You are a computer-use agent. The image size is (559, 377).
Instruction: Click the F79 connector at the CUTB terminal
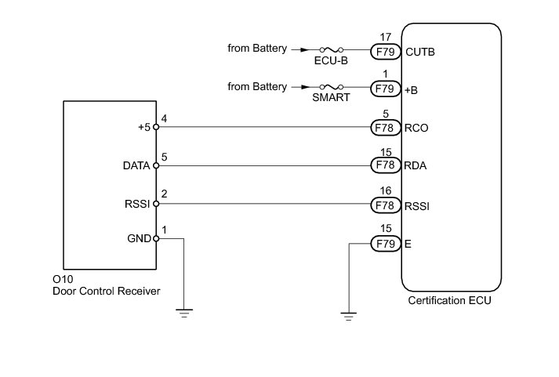385,53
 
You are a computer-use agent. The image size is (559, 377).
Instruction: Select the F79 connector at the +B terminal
385,89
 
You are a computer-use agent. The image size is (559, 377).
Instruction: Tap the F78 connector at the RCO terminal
385,127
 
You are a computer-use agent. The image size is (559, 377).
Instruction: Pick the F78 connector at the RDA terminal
385,165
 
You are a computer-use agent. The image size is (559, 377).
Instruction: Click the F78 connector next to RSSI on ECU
385,205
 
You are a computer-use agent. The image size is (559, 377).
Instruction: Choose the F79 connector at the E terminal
385,244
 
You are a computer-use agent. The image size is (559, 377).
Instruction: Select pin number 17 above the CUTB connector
385,36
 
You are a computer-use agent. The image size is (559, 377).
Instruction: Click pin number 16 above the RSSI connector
385,189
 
